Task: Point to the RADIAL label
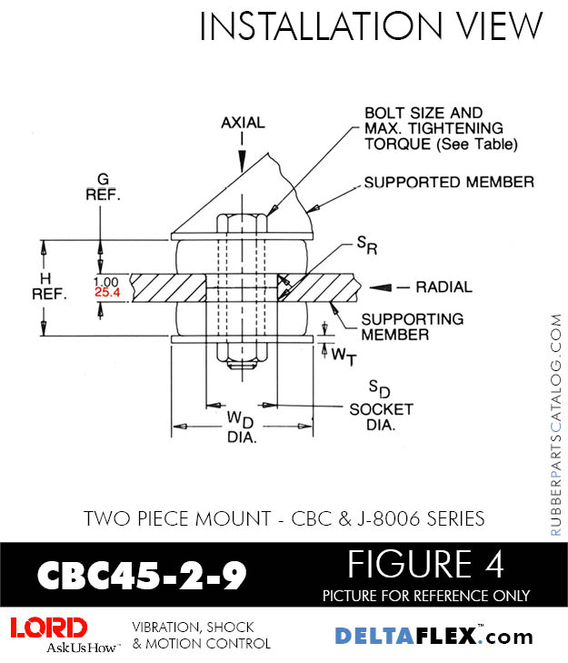coord(443,287)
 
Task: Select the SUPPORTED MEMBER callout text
coord(449,183)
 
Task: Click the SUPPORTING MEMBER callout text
coord(413,326)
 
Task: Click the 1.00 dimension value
coord(105,281)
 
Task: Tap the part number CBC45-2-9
coord(142,575)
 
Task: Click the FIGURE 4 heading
coord(425,566)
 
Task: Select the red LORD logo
coord(49,628)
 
